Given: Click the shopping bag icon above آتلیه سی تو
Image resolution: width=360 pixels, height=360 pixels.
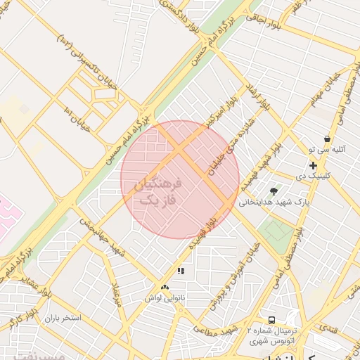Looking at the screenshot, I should (x=328, y=139).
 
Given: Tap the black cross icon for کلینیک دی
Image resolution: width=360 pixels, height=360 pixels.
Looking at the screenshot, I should (x=313, y=165).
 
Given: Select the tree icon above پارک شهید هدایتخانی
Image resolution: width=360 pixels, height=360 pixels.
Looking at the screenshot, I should (x=274, y=190).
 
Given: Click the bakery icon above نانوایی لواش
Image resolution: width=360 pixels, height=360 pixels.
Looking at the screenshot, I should (x=165, y=288).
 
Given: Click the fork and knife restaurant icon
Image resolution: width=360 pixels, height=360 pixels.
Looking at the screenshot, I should (x=181, y=271).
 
